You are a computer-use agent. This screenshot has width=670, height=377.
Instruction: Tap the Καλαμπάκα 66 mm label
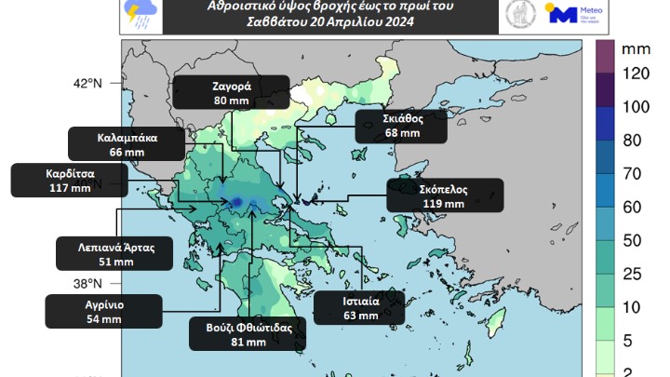[127, 143]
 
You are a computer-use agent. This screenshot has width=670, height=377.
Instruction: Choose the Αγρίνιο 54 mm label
[103, 311]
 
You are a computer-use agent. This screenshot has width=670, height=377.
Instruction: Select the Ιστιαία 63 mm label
[359, 307]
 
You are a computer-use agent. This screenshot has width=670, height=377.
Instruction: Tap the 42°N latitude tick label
[87, 84]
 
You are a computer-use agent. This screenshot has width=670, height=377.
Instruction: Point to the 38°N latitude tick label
[87, 284]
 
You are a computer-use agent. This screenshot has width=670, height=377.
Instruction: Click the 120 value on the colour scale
[635, 74]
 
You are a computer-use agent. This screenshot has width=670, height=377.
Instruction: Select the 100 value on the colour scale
[635, 106]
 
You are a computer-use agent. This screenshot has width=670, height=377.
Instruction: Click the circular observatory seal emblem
[518, 13]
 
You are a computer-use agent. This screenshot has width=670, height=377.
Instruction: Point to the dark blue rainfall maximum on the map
[237, 201]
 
